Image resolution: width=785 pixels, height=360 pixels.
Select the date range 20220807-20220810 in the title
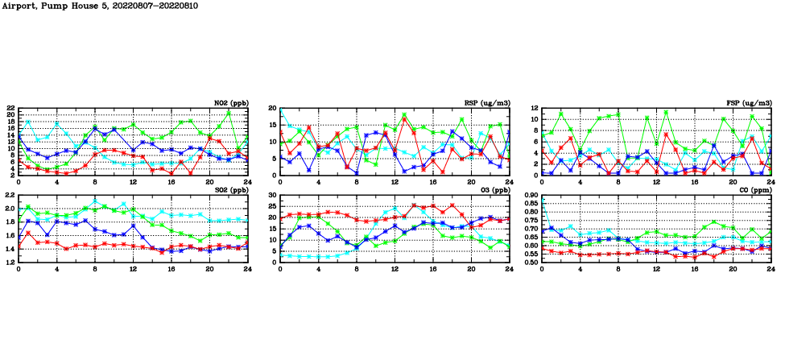pos(150,5)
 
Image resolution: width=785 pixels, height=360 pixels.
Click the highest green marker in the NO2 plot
pos(229,112)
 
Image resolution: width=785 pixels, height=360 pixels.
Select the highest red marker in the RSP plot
pos(404,120)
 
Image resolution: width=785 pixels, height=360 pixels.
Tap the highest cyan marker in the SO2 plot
pos(95,201)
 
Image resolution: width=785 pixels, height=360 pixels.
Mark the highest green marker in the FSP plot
pos(666,112)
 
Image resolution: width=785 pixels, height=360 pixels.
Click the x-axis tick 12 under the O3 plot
pos(395,269)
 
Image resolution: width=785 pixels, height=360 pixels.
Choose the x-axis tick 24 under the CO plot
pos(771,269)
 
